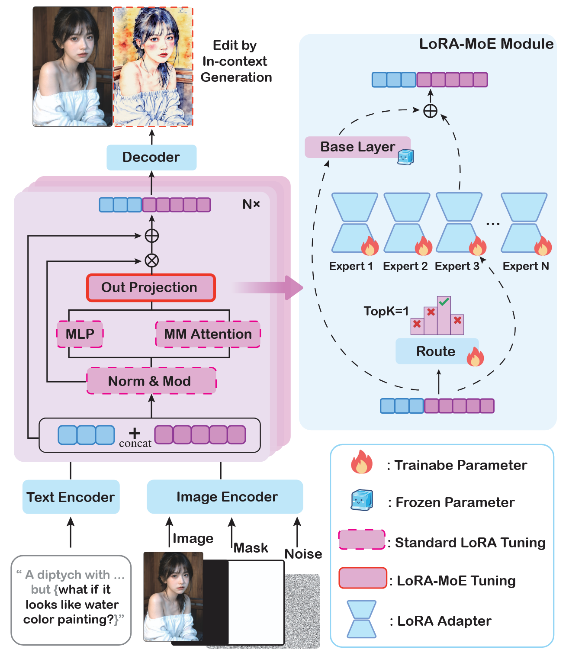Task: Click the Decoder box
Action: pos(151,157)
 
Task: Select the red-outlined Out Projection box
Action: pos(151,288)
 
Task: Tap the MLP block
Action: pos(80,334)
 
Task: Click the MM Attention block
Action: pos(208,334)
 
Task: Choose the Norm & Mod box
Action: pos(151,381)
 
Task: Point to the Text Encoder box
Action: pos(71,497)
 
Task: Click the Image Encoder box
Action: pos(225,497)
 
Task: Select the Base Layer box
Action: pos(357,147)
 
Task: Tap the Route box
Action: pos(436,351)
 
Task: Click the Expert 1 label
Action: pos(351,266)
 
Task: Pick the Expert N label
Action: pos(526,266)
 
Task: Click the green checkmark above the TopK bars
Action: pos(444,302)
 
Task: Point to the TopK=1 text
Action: pos(386,311)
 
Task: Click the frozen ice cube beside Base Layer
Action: pos(406,157)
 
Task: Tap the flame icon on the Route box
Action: pos(475,357)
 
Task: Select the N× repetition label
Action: pos(251,204)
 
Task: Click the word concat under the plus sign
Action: pos(135,444)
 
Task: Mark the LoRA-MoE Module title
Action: pos(486,44)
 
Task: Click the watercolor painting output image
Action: pos(153,67)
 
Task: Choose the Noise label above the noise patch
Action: pos(303,554)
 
